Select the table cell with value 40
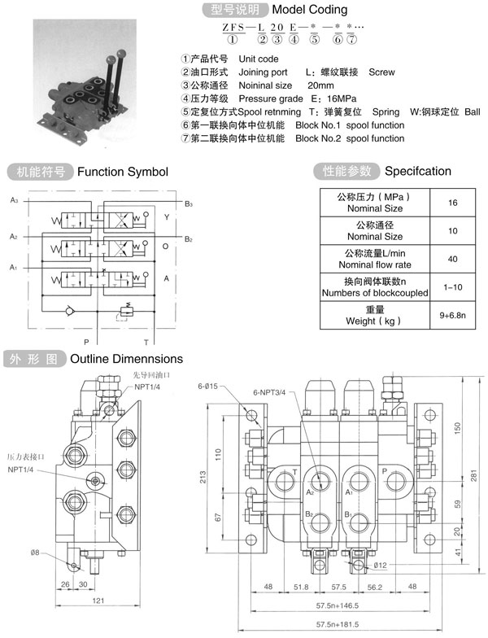(x=451, y=259)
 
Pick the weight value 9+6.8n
(x=451, y=314)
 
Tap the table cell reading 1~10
(x=451, y=286)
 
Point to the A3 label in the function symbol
(x=14, y=199)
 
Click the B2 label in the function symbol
(x=188, y=239)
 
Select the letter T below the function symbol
(x=146, y=343)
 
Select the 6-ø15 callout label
(x=209, y=386)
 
